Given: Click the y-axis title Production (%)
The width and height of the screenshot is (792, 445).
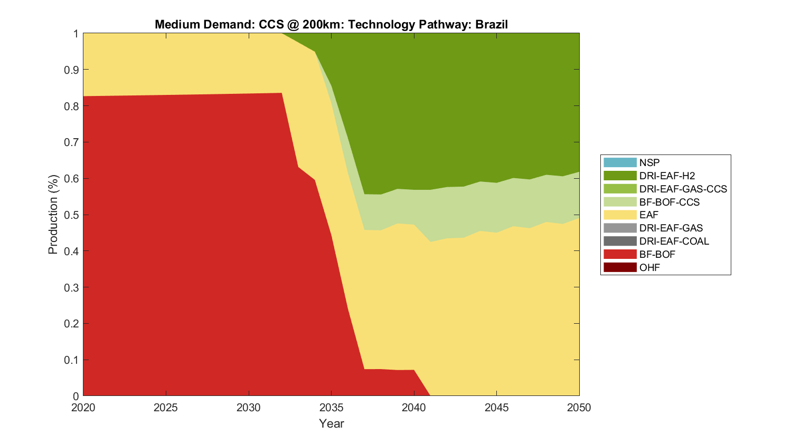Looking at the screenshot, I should point(53,215).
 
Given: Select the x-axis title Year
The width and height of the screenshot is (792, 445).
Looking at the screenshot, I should point(331,423).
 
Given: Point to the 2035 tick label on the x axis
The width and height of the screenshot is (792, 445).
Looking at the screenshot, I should point(331,408).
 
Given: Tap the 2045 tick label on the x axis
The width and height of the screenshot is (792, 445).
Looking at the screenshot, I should point(496,408).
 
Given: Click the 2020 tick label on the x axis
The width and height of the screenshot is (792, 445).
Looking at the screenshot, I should point(83,408).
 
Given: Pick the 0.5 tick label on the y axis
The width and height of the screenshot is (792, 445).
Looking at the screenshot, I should point(71,215).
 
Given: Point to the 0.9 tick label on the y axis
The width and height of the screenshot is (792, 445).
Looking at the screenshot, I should point(71,70).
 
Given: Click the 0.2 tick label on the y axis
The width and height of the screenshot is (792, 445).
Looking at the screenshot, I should point(71,324).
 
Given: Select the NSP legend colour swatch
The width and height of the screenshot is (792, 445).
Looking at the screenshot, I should point(620,163).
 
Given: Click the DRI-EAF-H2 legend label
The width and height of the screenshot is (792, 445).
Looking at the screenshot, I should point(667,176).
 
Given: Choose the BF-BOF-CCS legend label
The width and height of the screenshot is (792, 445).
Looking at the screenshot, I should point(669,202).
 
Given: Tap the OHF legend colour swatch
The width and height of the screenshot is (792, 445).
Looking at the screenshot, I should point(620,267).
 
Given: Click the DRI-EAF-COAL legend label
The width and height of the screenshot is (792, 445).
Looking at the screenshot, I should point(674,241).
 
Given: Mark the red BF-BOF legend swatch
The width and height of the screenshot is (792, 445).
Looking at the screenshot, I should point(620,254).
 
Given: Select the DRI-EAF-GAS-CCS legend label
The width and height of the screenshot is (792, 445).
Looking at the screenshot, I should point(683,189).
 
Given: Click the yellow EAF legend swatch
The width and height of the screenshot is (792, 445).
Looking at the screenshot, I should point(620,215).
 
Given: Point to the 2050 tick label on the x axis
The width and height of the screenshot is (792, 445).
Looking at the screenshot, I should point(579,408).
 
